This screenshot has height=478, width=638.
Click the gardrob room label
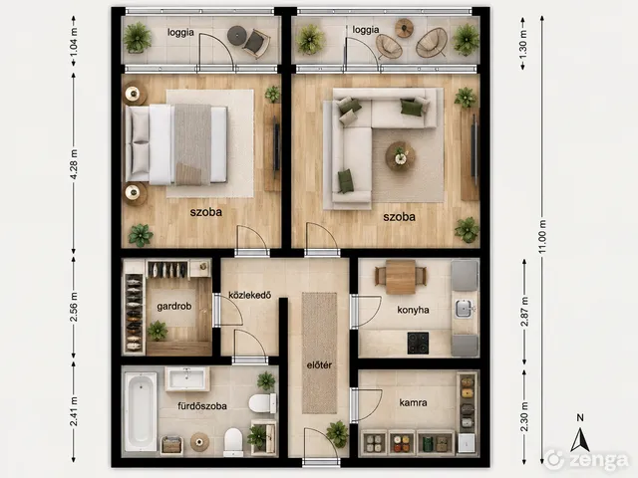[x=174, y=307]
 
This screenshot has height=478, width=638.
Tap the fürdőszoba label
[x=202, y=406]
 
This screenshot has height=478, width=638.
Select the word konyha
[x=413, y=310]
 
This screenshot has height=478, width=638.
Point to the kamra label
[x=413, y=402]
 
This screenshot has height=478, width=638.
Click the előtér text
[x=319, y=365]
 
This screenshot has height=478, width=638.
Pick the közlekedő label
[x=250, y=295]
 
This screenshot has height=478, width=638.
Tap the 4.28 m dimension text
[x=74, y=164]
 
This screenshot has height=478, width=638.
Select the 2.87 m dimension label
[x=524, y=312]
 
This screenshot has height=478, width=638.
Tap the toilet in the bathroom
[x=262, y=403]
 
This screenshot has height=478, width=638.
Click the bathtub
[x=140, y=411]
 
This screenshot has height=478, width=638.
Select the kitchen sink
[x=464, y=309]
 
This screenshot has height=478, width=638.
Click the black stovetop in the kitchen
[x=419, y=343]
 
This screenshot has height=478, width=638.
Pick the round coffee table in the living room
[x=401, y=156]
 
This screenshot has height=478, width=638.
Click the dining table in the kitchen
[x=401, y=277]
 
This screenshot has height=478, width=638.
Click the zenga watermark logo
[x=586, y=460]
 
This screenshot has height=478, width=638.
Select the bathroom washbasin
[x=187, y=378]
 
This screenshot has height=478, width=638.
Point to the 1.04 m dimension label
[x=74, y=42]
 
